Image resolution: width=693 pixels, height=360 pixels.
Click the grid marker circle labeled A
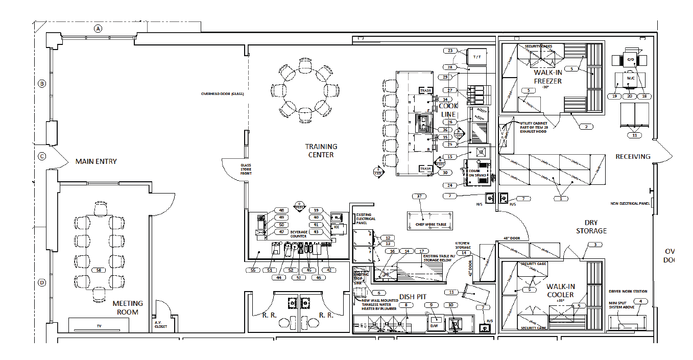(98, 29)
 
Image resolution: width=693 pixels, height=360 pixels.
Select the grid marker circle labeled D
(42, 282)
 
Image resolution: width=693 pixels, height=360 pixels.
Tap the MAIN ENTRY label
(96, 161)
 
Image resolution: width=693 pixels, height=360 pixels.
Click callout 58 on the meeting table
(100, 270)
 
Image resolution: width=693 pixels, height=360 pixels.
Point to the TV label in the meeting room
(100, 325)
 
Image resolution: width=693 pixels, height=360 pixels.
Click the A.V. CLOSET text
(161, 324)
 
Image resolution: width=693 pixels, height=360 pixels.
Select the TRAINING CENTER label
(321, 151)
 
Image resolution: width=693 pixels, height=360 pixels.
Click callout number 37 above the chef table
(419, 196)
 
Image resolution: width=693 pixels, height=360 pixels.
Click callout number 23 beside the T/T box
(450, 51)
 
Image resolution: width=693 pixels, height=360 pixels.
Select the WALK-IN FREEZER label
(548, 77)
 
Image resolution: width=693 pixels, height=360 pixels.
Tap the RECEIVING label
(633, 156)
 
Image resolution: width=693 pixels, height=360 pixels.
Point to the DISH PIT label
(413, 297)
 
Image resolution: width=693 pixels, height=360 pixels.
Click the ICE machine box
(337, 226)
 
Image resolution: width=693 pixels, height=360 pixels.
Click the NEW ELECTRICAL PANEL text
(630, 204)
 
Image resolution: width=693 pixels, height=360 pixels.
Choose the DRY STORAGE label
(592, 227)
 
